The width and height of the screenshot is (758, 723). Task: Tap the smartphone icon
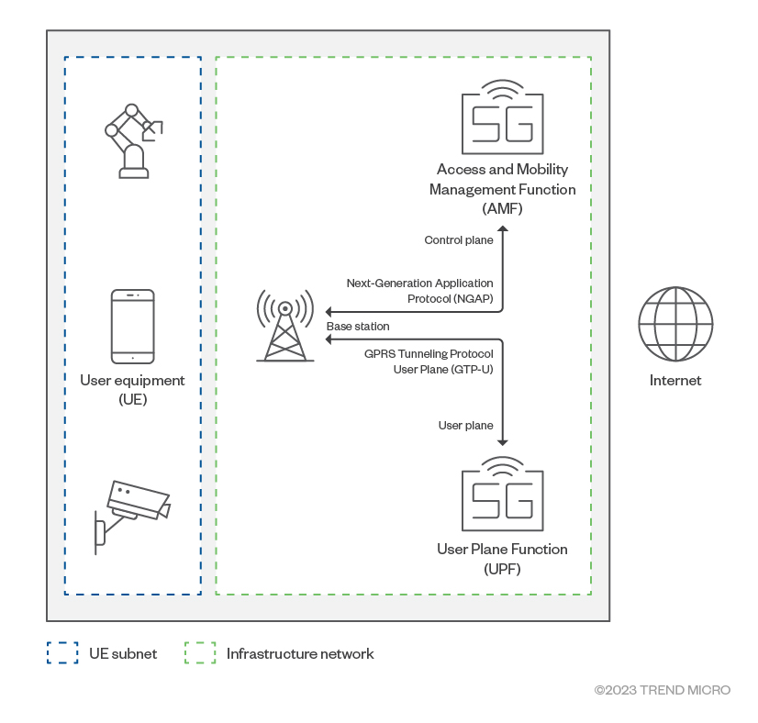pos(132,327)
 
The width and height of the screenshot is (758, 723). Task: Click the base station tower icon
pos(285,325)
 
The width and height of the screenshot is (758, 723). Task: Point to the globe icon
pos(675,324)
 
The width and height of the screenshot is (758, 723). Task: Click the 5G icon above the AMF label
pos(502,118)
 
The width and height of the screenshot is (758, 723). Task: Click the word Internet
pos(675,381)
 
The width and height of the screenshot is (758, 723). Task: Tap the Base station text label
pos(358,327)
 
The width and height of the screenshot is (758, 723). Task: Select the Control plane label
pos(459,240)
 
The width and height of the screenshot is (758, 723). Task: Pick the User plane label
pos(466,426)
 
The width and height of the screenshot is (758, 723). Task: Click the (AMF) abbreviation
pos(502,209)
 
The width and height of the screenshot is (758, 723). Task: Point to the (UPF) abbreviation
pos(502,570)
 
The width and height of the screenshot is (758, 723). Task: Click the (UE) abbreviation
pos(132,400)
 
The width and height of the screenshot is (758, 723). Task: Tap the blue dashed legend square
pos(61,653)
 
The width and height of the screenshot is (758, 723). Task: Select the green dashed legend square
pos(199,653)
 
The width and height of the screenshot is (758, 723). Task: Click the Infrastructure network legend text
pos(300,654)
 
